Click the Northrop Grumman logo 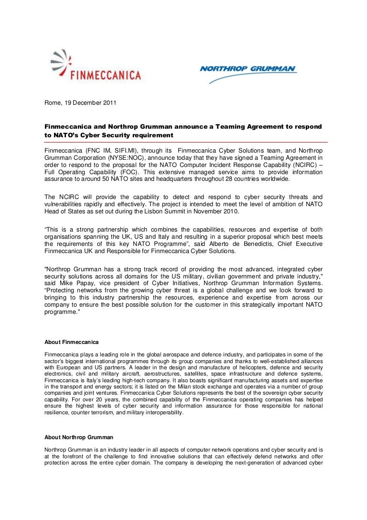click(x=248, y=72)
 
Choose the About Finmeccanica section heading click(x=72, y=342)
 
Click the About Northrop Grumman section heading click(x=79, y=437)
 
